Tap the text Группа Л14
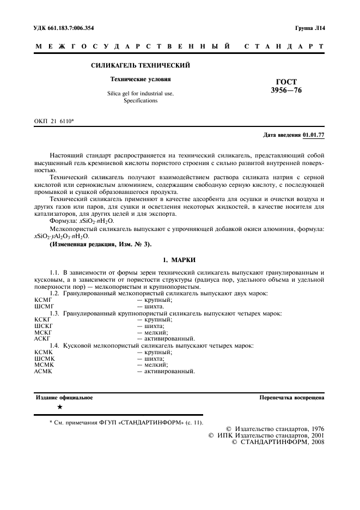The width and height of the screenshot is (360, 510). click(x=310, y=28)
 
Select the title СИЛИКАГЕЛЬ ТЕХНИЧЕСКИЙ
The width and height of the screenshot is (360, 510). click(x=140, y=66)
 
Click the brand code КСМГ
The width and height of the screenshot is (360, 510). click(x=42, y=300)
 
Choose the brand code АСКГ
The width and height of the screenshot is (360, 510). click(x=42, y=338)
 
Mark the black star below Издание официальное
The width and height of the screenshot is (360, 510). click(x=60, y=406)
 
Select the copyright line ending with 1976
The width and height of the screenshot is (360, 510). click(x=275, y=429)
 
